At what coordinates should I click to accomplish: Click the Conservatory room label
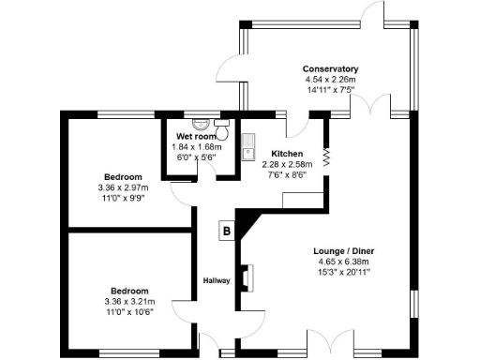point(331,69)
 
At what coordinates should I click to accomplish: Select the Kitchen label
point(287,153)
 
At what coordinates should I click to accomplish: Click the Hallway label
point(217,280)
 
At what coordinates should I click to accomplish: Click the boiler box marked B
point(225,231)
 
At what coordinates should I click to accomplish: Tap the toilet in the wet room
point(221,122)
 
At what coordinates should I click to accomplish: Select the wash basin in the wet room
point(199,124)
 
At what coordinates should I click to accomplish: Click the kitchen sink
point(249,150)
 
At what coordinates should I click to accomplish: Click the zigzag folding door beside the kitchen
point(327,155)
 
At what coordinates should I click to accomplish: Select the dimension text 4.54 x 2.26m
point(331,81)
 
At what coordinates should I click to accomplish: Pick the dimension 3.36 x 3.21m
point(129,301)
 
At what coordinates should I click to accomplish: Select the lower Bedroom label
point(129,291)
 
